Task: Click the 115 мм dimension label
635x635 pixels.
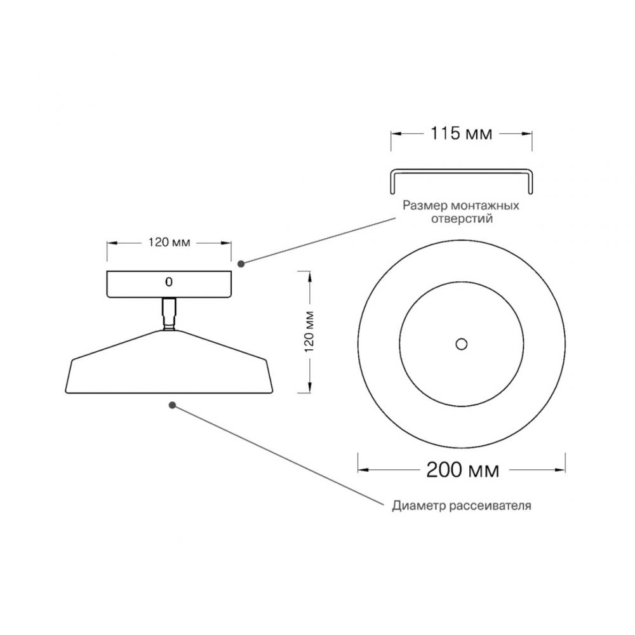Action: coord(461,133)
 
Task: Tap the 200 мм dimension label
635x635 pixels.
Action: coord(462,470)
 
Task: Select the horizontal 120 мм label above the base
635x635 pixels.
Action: coord(169,243)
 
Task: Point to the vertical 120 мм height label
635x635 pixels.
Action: coord(309,331)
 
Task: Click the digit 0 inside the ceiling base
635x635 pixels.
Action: coord(169,282)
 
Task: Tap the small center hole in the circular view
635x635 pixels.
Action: coord(461,344)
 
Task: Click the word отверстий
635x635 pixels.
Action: coord(462,219)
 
